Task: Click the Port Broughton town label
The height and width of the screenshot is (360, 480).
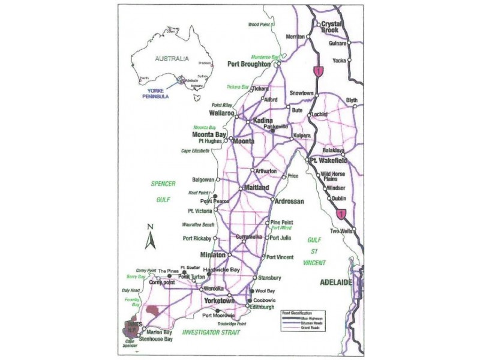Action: [250, 64]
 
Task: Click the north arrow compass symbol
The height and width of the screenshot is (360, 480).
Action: [151, 237]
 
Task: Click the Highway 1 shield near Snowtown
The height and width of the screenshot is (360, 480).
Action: [319, 71]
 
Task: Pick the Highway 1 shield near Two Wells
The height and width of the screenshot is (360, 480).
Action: [342, 212]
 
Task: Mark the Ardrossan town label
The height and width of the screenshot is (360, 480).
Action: [290, 200]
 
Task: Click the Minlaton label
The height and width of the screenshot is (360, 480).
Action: [213, 254]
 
